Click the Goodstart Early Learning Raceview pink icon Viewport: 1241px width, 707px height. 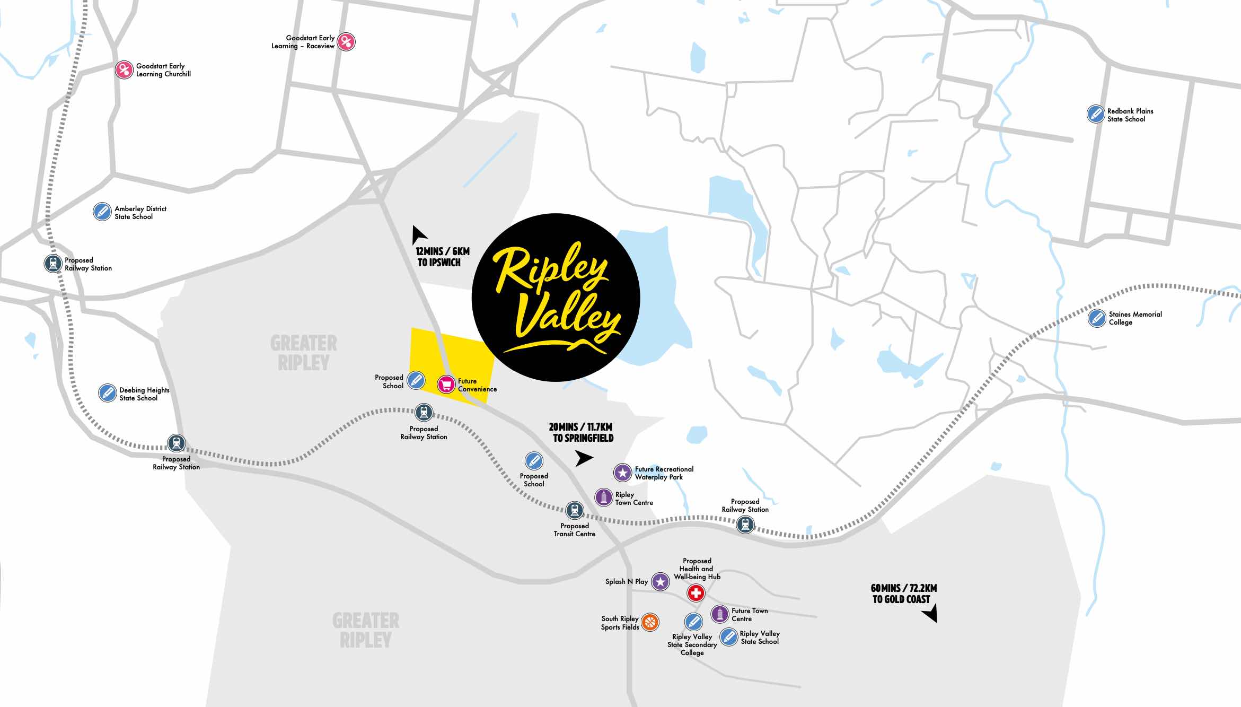click(346, 41)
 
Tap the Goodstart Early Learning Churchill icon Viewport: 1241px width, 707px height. click(124, 70)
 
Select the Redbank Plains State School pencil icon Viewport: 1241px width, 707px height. click(1095, 114)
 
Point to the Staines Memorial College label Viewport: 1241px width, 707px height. click(1135, 318)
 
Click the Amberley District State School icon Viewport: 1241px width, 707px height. click(102, 211)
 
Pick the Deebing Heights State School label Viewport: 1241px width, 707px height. click(144, 394)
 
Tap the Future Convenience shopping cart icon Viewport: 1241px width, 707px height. click(446, 384)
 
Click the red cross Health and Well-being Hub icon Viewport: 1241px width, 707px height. click(696, 593)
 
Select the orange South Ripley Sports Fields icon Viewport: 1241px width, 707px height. click(650, 622)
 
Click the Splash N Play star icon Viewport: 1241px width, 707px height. click(660, 581)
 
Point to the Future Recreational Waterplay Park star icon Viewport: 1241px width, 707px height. click(623, 472)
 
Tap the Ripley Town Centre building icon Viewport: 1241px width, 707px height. click(604, 497)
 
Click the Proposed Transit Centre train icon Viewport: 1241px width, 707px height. click(574, 510)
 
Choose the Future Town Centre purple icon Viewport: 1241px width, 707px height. click(719, 614)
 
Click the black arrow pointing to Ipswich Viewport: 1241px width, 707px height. click(419, 233)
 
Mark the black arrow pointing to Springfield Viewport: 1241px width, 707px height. click(584, 458)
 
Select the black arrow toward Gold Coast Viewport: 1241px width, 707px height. click(931, 615)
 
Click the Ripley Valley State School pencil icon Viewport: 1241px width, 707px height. click(729, 636)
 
